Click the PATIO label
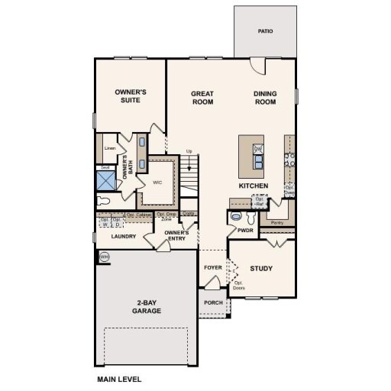[x=265, y=31]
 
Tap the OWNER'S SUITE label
[x=131, y=95]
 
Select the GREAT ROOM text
[x=202, y=98]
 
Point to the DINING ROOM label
[x=265, y=98]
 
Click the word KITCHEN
[x=253, y=186]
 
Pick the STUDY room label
[x=261, y=268]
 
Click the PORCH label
[x=214, y=302]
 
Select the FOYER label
[x=212, y=268]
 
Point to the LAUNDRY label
[x=124, y=237]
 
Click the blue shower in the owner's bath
[x=105, y=181]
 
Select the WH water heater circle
[x=104, y=257]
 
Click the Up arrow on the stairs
[x=189, y=151]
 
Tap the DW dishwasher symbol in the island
[x=258, y=148]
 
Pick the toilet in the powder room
[x=235, y=218]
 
